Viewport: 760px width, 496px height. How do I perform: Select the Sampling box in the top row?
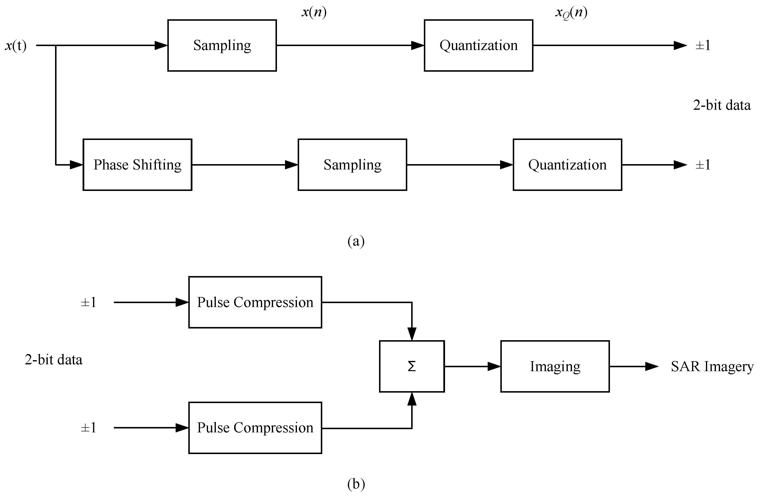click(222, 45)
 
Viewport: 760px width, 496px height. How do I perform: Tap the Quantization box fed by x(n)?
click(478, 45)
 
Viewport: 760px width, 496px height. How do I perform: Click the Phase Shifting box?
click(137, 165)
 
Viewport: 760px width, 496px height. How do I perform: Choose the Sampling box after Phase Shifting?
click(352, 165)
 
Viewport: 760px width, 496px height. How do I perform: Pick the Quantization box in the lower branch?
click(567, 165)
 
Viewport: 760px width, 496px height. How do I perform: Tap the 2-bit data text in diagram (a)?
click(722, 105)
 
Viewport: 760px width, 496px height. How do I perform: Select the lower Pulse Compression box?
click(255, 428)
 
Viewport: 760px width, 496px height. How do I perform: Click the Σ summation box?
click(412, 366)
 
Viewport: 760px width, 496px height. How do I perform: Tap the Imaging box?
click(555, 366)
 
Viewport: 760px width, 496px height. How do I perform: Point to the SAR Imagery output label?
click(712, 367)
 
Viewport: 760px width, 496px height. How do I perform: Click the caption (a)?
click(356, 241)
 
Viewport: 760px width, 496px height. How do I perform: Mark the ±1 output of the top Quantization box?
click(703, 45)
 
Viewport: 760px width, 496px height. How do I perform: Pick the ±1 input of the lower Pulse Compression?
click(88, 428)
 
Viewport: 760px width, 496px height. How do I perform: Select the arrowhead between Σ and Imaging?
click(494, 366)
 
